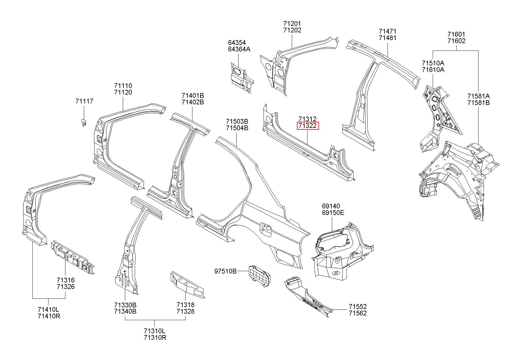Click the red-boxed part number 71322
(308, 126)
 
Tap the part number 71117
(84, 101)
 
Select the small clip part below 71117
(84, 122)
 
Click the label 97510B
(225, 271)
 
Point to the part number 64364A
(239, 49)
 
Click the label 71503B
(237, 122)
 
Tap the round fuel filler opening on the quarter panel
(267, 228)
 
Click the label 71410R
(49, 316)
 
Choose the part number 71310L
(155, 331)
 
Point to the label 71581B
(478, 103)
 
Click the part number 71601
(457, 34)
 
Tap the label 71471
(388, 31)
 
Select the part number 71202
(292, 30)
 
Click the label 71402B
(193, 102)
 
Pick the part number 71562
(358, 313)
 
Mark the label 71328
(185, 311)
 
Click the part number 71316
(66, 280)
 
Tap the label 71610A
(433, 70)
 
